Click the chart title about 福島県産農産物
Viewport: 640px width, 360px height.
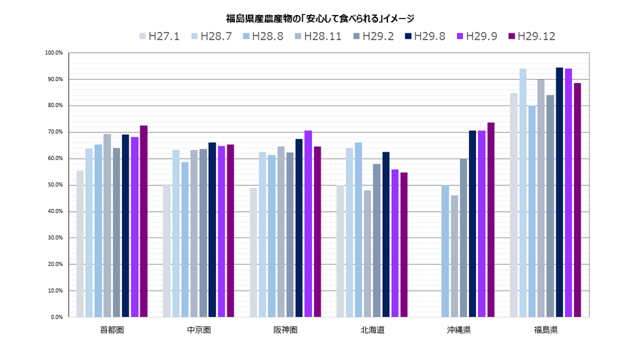pos(319,18)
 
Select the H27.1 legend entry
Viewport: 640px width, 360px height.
pos(159,36)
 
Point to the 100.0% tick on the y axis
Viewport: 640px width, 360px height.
pos(54,53)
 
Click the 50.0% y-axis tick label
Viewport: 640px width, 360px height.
pos(54,185)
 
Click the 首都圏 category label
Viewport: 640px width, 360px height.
pos(112,330)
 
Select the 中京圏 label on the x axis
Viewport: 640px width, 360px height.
pos(199,330)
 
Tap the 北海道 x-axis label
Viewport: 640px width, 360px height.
pos(372,330)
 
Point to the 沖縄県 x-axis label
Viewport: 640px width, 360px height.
pos(459,330)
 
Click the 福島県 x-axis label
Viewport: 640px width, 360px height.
pos(546,330)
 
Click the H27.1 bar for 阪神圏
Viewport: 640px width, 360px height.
pos(254,252)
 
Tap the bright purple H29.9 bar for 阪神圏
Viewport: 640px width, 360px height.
pos(308,224)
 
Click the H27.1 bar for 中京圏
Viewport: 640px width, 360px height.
pos(167,251)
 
